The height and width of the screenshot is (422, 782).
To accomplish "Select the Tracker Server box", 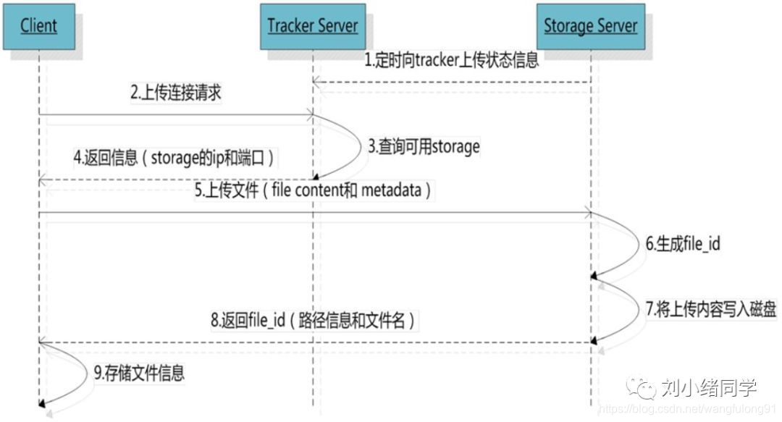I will coord(312,27).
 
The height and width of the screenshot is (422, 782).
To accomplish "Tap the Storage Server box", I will coord(590,27).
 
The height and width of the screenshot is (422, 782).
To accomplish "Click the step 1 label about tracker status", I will coord(450,60).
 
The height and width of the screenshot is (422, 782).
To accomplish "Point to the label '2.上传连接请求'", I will coord(175,93).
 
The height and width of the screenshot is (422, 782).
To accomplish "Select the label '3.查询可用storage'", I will coord(424,146).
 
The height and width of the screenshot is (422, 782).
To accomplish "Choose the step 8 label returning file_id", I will coord(313,319).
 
